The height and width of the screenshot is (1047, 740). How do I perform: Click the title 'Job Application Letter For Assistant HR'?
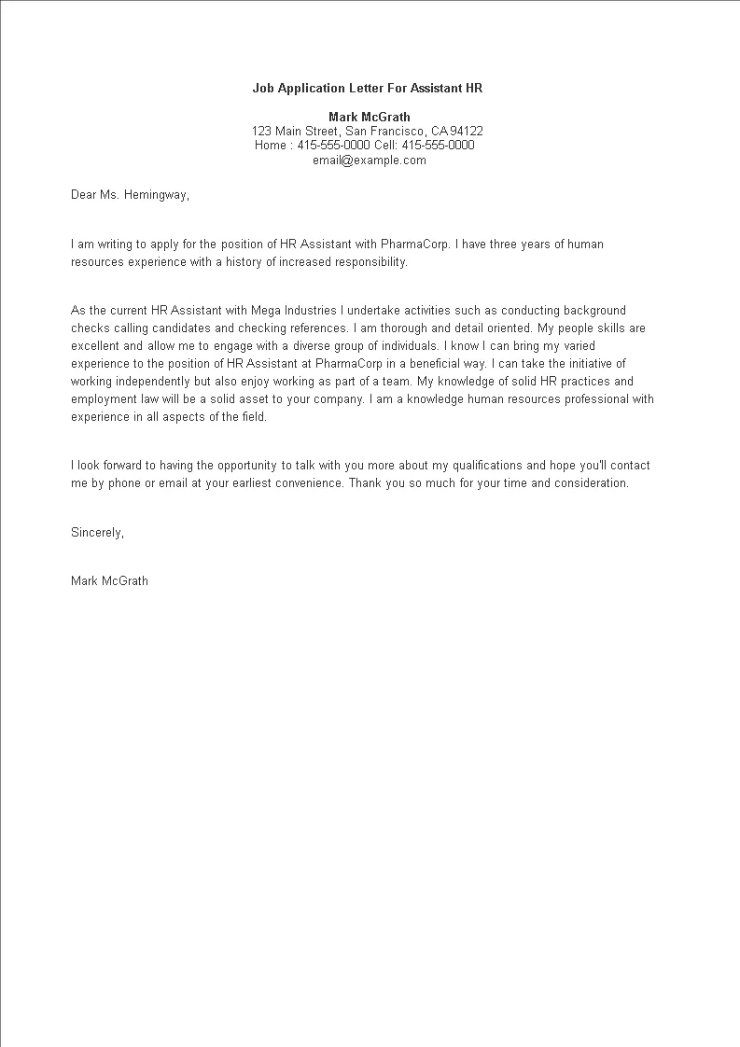pyautogui.click(x=367, y=89)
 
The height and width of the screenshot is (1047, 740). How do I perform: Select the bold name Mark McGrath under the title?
pyautogui.click(x=370, y=118)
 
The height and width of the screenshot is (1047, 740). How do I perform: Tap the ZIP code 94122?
pyautogui.click(x=468, y=132)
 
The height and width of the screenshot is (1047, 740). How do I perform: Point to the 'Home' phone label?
pyautogui.click(x=271, y=146)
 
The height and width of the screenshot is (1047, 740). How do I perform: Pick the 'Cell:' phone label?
pyautogui.click(x=385, y=146)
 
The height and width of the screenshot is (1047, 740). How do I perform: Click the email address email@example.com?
pyautogui.click(x=370, y=160)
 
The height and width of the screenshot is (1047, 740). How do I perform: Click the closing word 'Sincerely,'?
pyautogui.click(x=97, y=533)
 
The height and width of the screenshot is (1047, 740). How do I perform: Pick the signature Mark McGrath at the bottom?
pyautogui.click(x=109, y=581)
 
